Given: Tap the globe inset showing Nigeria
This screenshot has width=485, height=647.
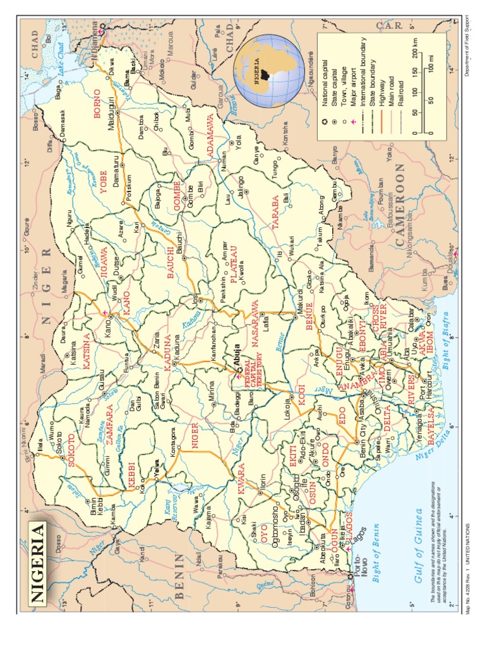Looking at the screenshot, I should (269, 71).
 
